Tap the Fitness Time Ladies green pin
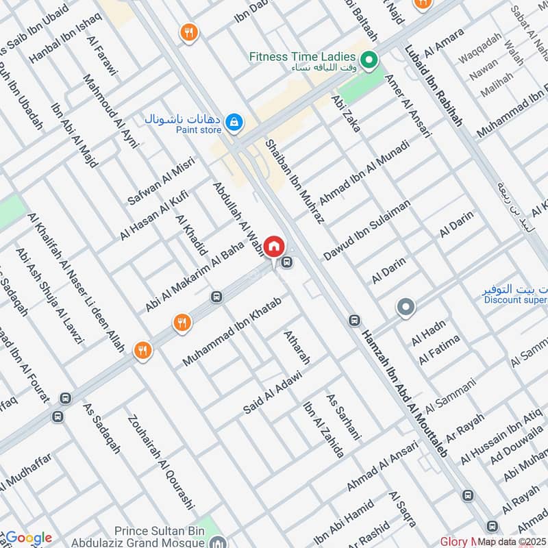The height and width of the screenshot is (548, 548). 370,61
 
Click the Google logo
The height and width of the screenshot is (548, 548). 27,538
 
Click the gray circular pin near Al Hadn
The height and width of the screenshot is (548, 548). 406,308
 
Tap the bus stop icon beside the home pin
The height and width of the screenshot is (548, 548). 288,262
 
